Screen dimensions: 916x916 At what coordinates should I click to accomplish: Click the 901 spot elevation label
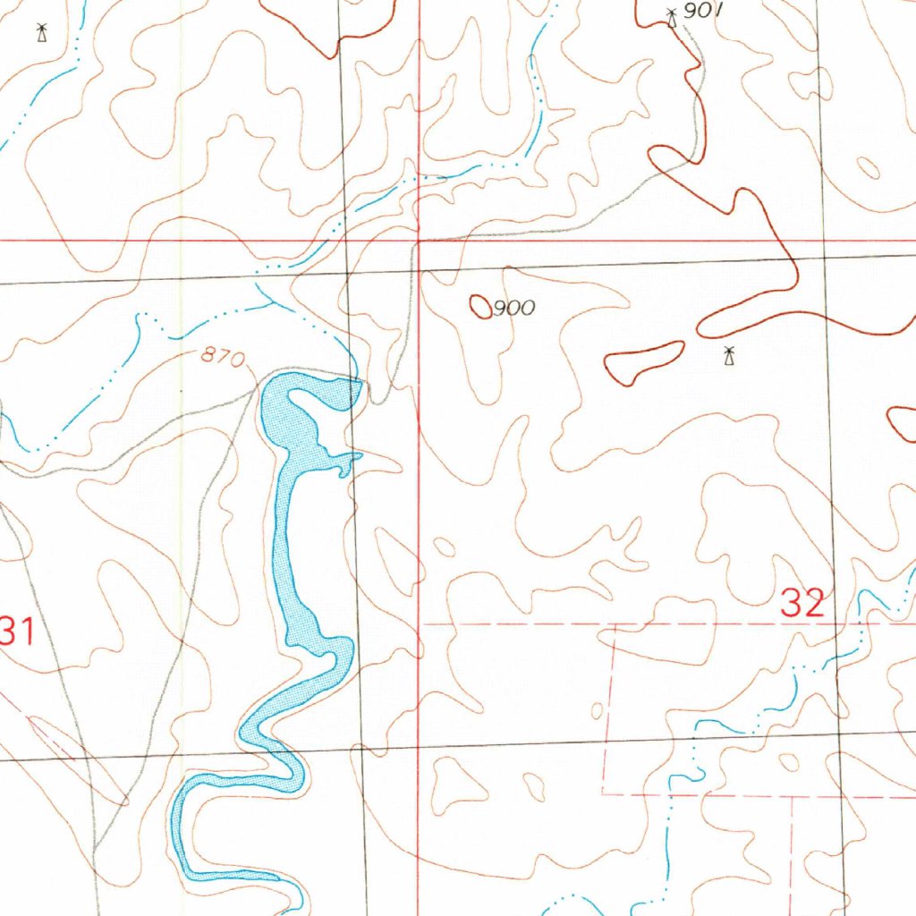[x=702, y=11]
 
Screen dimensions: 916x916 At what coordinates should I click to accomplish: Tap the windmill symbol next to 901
[x=673, y=16]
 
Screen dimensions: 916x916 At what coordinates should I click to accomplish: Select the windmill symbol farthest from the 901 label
[x=40, y=33]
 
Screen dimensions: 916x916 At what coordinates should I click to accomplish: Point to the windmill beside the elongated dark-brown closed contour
[x=730, y=357]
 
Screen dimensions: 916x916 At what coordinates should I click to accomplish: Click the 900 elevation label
[x=514, y=309]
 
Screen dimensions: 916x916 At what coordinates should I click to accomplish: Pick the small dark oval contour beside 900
[x=481, y=307]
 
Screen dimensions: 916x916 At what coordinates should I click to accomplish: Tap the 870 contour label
[x=223, y=358]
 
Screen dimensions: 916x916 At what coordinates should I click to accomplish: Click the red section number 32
[x=801, y=604]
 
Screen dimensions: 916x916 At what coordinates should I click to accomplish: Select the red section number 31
[x=16, y=633]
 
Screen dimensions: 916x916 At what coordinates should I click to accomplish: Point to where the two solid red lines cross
[x=420, y=241]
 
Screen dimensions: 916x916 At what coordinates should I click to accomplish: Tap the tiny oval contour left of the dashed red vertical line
[x=597, y=711]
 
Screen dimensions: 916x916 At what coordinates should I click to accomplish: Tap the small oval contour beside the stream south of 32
[x=788, y=762]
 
